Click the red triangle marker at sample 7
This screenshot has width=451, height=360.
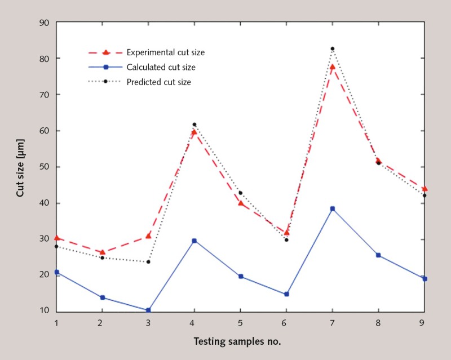coord(333,66)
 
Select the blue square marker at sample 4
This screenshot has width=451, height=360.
coord(194,241)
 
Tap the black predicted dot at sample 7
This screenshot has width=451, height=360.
coord(333,49)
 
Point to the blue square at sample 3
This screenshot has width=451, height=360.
coord(148,310)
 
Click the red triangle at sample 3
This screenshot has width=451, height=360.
coord(148,235)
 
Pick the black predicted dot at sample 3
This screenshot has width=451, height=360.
coord(148,262)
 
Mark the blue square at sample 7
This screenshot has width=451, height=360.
coord(333,208)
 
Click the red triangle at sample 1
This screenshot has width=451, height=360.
coord(57,238)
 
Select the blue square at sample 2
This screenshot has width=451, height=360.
coord(103,297)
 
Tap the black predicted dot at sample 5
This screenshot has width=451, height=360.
coord(241,193)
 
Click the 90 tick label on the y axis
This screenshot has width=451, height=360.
coord(44,23)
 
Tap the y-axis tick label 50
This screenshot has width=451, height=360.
coord(44,167)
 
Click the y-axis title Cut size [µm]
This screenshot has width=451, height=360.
coord(21,167)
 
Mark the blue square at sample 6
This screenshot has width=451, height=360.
coord(286,294)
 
